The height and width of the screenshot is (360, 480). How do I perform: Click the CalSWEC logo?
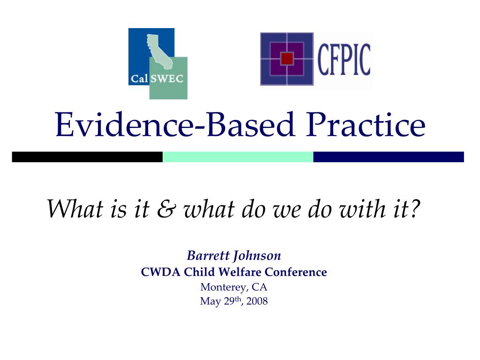[157, 64]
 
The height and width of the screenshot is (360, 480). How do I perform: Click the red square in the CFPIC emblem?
[287, 59]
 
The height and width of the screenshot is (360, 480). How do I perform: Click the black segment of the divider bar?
[87, 157]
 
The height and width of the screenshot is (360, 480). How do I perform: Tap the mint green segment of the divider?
[238, 157]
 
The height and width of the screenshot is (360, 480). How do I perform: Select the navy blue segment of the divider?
[388, 157]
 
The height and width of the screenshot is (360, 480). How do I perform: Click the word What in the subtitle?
[73, 209]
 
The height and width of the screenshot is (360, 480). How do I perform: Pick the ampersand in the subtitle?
[165, 209]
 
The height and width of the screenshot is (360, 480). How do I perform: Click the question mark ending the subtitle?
[413, 209]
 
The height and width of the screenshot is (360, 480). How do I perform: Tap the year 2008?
[257, 301]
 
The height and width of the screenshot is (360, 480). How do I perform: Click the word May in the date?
[209, 301]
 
